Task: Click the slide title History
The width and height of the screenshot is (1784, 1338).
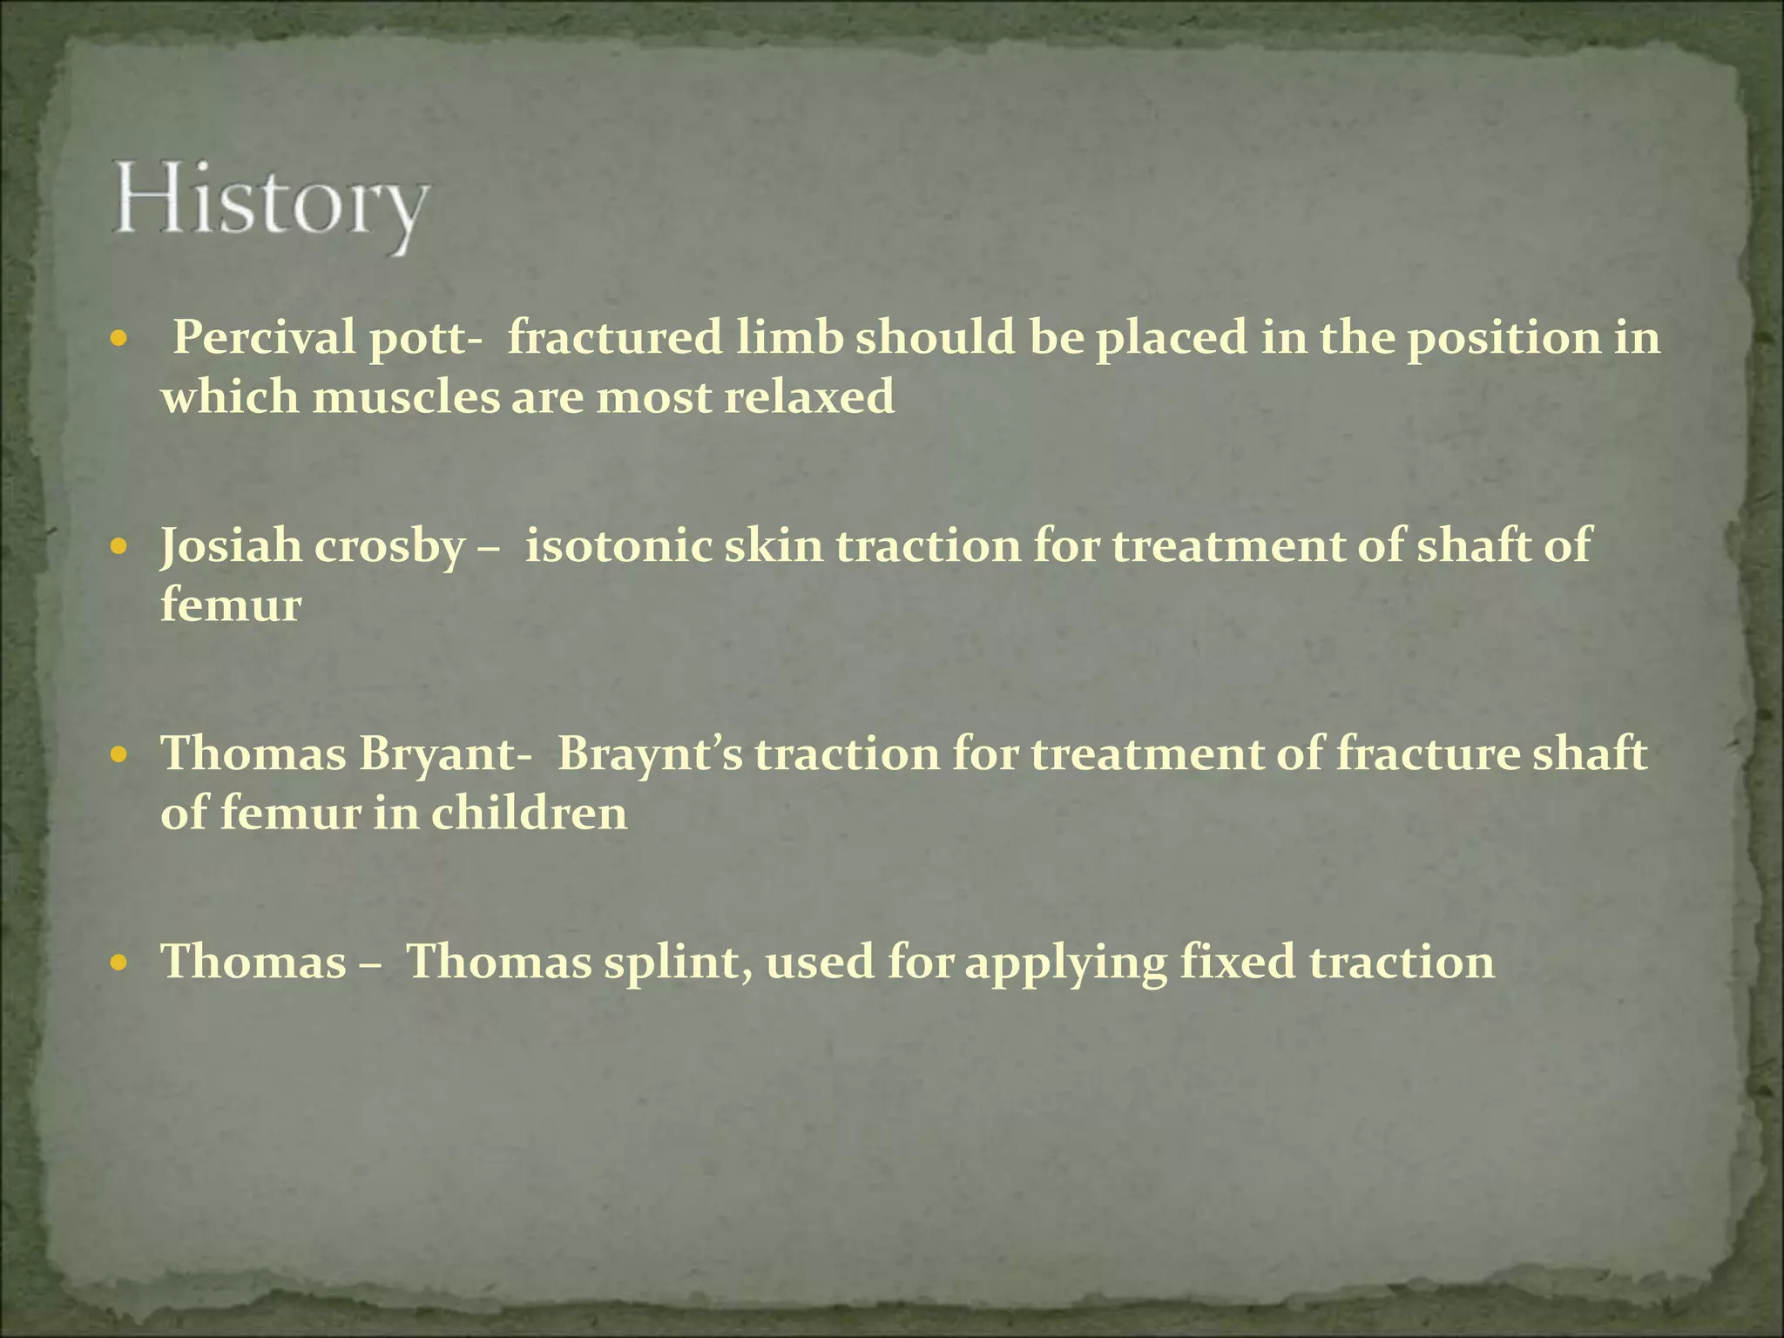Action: click(270, 206)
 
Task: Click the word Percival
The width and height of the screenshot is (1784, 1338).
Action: click(264, 338)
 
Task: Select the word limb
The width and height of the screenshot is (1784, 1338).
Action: click(789, 338)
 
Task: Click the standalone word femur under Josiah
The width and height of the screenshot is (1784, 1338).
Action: click(231, 605)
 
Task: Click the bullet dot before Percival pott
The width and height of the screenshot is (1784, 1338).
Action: click(120, 338)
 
